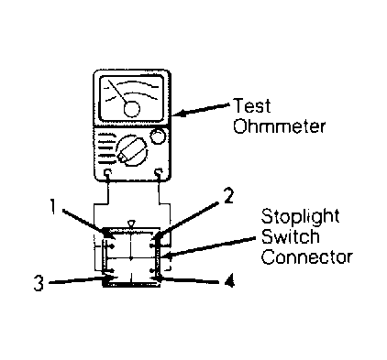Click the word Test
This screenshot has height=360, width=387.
pos(252,105)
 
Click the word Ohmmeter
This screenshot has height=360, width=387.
pos(279,125)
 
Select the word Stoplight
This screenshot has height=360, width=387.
pos(300,217)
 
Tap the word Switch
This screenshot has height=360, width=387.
pos(291,236)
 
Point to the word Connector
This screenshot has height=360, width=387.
pos(307,257)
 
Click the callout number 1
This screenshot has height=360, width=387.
pos(53,207)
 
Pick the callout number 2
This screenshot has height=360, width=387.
pos(228,196)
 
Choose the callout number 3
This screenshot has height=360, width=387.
pos(39,283)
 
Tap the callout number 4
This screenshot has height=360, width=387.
pos(229,280)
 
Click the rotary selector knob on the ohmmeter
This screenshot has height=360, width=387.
pos(132,150)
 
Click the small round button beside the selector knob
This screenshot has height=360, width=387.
pos(158,136)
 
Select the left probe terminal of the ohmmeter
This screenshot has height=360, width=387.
pos(107,174)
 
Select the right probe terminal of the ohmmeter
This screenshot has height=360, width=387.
pos(159,174)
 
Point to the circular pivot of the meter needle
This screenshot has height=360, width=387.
pos(132,109)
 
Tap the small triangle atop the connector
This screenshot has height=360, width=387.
pos(131,224)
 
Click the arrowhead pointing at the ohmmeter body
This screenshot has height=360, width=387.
pos(180,113)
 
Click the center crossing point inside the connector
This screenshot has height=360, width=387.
pos(131,258)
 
